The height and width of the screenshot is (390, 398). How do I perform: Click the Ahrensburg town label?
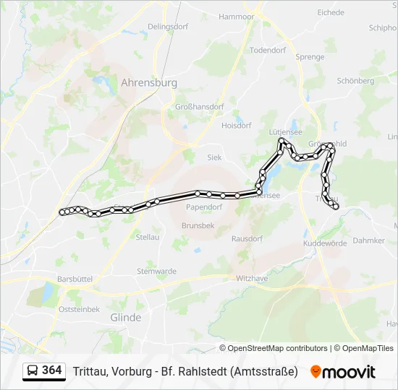coord(148,83)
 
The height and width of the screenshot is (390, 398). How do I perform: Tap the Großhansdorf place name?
coord(200,107)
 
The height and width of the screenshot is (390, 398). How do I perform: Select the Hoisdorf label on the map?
coord(236,125)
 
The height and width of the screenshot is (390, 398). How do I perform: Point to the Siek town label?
coord(214,157)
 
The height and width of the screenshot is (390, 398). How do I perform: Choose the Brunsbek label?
coord(198,225)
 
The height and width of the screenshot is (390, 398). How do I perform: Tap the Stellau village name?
coord(148,237)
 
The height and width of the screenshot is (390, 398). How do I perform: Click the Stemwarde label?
coord(156,272)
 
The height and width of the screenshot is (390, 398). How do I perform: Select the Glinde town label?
coord(125,317)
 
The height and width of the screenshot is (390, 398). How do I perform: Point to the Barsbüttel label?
coord(75,279)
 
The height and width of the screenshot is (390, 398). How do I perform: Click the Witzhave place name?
coord(252,278)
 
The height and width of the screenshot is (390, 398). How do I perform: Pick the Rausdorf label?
coord(247,238)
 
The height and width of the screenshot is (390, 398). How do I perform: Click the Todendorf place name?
coord(268,51)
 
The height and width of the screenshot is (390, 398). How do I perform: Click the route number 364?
coord(52,370)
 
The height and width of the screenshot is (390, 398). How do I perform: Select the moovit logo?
coord(343,372)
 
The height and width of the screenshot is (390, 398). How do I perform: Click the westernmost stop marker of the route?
coord(62,212)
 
